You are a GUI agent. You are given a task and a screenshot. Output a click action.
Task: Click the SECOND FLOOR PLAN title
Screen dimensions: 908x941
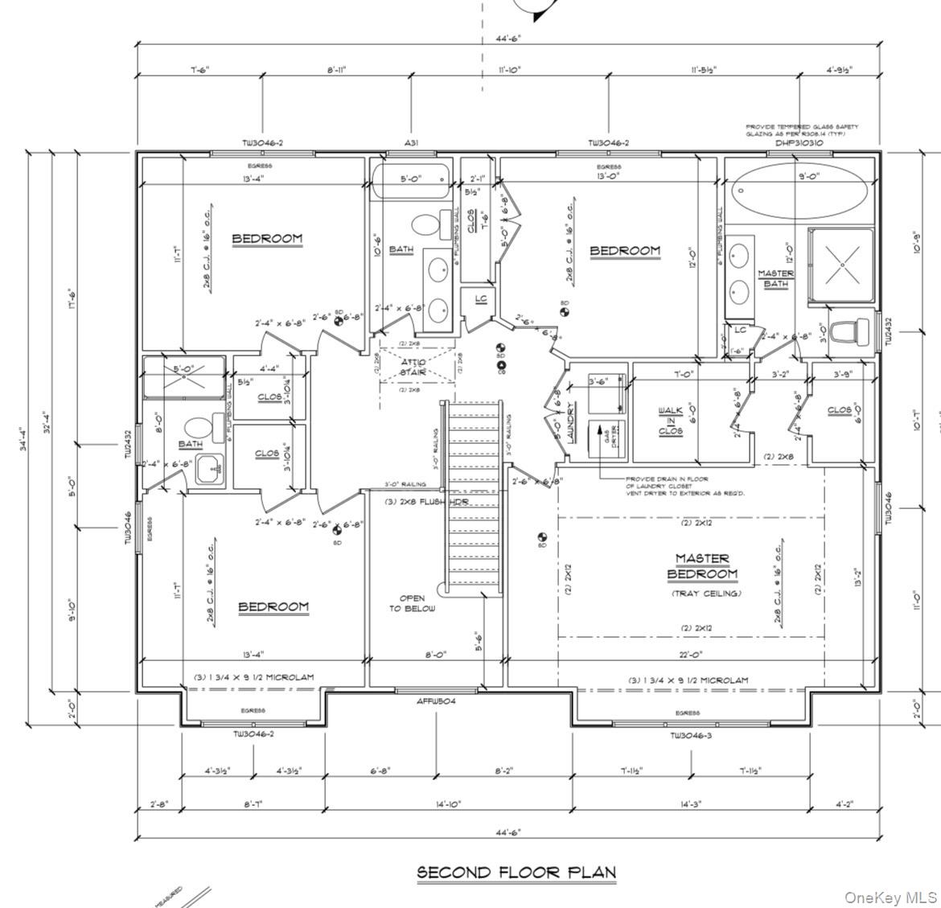pos(516,872)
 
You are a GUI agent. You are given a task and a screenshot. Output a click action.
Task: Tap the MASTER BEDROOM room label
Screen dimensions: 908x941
pos(701,566)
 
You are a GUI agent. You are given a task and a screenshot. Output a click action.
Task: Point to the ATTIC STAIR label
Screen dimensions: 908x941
pos(413,368)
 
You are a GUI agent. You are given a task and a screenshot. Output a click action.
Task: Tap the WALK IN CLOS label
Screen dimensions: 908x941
pos(670,421)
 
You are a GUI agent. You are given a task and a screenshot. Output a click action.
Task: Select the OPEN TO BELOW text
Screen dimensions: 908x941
pos(412,603)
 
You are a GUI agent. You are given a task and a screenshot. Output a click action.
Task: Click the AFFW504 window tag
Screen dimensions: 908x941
pos(437,701)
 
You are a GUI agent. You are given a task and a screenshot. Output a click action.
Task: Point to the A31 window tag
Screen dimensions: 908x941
pos(411,143)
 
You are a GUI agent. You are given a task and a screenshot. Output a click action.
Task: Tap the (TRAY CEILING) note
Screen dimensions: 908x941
pos(706,594)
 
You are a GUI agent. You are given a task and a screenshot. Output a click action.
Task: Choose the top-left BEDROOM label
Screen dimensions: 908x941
pos(267,238)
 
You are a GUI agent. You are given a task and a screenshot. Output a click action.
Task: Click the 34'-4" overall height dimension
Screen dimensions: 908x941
pos(25,438)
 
